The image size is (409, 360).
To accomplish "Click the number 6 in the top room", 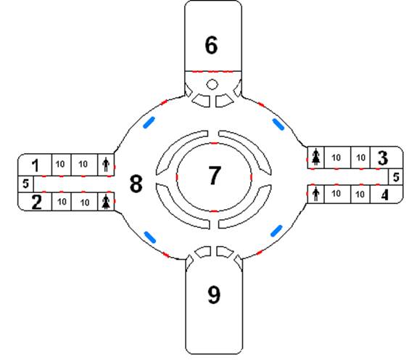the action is coord(211,45).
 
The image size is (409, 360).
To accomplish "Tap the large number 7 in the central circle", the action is coord(215,175).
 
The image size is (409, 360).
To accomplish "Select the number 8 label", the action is coord(136,184).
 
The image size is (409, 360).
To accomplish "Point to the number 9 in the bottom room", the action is coord(214,295).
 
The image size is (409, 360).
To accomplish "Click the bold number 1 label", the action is coord(36,165).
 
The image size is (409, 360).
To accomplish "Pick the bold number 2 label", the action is coord(36,202).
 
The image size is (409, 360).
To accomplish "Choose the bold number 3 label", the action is coord(383,158).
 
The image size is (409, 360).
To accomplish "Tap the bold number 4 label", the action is coord(385,195).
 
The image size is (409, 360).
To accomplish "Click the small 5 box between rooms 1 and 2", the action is coord(25,184).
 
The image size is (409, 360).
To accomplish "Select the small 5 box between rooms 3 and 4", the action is coord(396,177).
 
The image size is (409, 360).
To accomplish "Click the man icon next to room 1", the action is coord(106,165).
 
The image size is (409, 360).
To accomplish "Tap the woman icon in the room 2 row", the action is coord(106,202).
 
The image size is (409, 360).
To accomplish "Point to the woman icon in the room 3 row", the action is coord(316,157).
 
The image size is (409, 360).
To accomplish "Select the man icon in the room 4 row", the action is coord(316,194).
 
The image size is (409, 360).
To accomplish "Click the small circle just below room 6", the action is coord(212,84).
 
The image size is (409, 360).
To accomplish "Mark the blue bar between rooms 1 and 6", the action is coord(149,123).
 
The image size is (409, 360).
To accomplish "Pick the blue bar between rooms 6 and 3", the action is coord(278,124).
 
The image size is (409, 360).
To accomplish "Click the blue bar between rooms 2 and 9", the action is coord(150,237).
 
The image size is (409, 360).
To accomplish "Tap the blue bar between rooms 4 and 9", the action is coord(276,231).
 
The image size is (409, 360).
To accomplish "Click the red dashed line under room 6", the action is coord(212,71).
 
